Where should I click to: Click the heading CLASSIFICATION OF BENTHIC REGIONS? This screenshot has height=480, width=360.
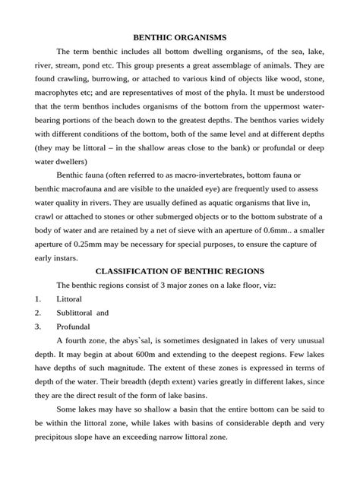[179, 270]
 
